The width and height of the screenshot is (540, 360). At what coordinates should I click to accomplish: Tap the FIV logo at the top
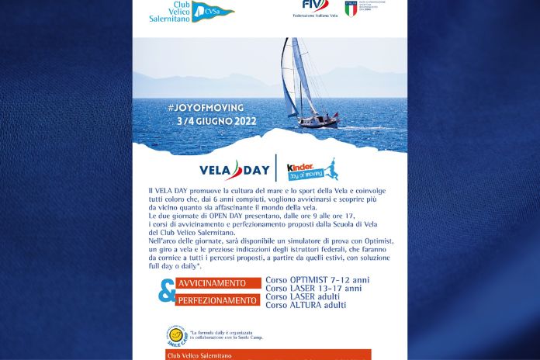(x=310, y=5)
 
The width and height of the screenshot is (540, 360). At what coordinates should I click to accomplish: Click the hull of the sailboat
(x=320, y=122)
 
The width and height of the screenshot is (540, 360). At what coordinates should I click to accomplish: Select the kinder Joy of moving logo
(x=312, y=168)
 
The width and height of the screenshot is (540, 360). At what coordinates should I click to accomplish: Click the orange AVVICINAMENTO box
(x=217, y=285)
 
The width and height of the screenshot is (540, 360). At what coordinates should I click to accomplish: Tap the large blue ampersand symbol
(x=165, y=292)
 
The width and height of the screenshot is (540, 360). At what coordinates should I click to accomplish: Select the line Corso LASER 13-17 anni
(x=313, y=288)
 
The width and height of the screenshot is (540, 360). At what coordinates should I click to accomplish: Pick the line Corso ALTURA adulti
(x=306, y=305)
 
